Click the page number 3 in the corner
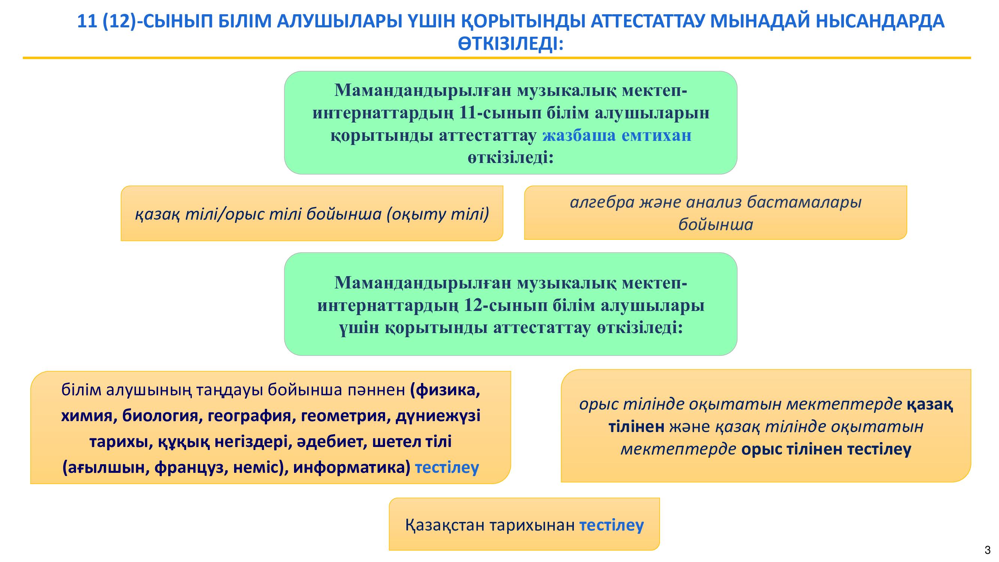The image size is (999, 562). click(988, 550)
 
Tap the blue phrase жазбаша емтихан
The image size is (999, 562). click(617, 135)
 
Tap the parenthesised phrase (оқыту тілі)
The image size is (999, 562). click(438, 214)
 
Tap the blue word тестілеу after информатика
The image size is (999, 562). click(447, 468)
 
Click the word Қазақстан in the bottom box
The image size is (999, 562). click(445, 525)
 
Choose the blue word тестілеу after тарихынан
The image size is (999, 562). click(612, 525)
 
